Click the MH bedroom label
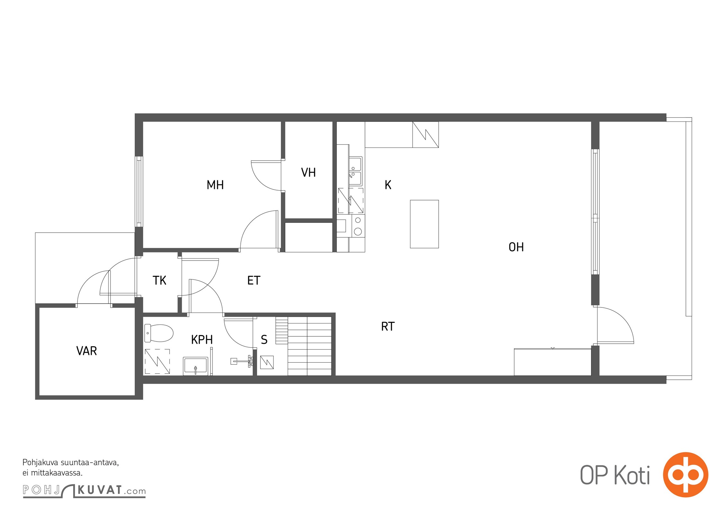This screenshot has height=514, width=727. tap(215, 185)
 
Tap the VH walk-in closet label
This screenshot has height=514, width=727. tap(308, 173)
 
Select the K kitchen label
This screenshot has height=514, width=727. tap(388, 185)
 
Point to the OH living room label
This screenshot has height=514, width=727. tap(516, 247)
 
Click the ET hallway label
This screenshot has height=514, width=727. tap(254, 280)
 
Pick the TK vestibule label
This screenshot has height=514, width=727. tap(159, 280)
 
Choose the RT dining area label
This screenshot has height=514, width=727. tap(388, 327)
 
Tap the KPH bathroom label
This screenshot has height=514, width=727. tap(202, 340)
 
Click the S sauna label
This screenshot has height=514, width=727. tap(264, 340)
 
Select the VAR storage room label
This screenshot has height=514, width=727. tap(86, 351)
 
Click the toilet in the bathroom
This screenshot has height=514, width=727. tap(159, 333)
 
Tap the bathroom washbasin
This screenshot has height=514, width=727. tap(195, 366)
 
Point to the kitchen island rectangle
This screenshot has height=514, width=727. tap(424, 224)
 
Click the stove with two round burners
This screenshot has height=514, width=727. tap(358, 226)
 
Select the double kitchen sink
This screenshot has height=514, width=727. tap(355, 171)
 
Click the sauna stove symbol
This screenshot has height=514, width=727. tap(267, 362)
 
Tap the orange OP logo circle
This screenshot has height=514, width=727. tap(686, 474)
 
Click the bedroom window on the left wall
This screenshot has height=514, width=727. tap(139, 191)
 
